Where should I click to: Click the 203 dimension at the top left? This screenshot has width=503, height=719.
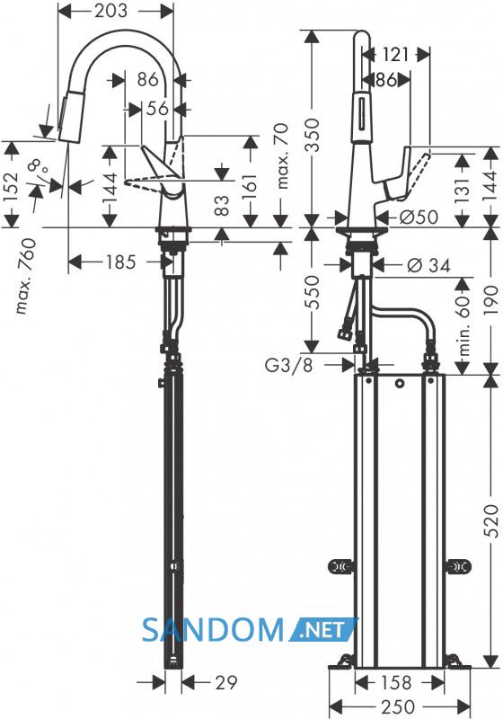click(x=110, y=11)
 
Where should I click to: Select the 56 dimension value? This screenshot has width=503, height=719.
click(x=158, y=109)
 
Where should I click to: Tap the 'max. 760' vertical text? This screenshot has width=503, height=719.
click(x=26, y=276)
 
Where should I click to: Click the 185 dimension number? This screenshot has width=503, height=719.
click(x=121, y=262)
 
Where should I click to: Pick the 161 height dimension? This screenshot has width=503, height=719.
click(x=249, y=182)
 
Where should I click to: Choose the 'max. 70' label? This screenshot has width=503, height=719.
click(x=284, y=155)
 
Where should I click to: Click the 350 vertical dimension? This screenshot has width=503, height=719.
click(x=312, y=136)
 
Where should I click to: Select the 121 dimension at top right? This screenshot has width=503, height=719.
click(x=394, y=55)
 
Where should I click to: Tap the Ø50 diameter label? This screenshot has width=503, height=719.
click(x=418, y=217)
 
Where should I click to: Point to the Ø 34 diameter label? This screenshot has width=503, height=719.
click(x=428, y=264)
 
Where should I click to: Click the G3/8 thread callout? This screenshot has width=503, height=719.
click(x=289, y=366)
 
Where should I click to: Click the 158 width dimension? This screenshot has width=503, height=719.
click(x=396, y=682)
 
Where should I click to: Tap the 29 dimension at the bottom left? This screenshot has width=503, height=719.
click(x=226, y=682)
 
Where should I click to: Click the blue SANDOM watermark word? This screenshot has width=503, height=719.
click(x=213, y=630)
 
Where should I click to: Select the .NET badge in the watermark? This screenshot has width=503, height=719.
click(x=322, y=630)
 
